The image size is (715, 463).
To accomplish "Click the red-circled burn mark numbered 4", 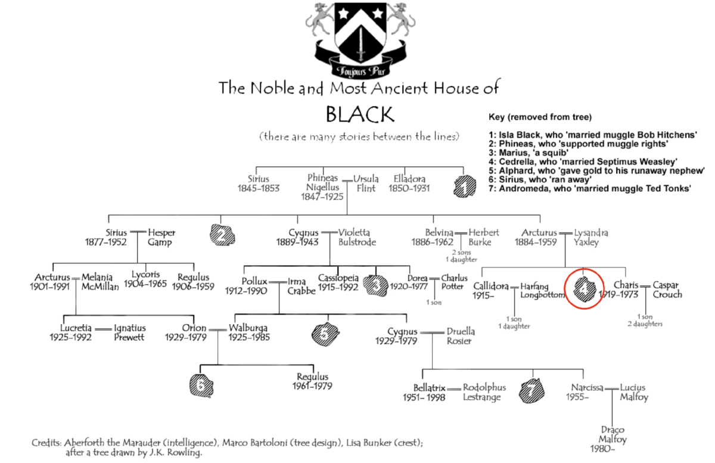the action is (584, 289).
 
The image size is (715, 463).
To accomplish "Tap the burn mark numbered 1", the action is (465, 186).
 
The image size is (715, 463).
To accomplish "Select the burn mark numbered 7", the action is (531, 390).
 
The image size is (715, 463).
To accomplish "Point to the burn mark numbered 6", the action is (201, 386).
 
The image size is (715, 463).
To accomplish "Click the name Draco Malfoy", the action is (613, 434).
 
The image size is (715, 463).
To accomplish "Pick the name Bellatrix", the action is (429, 388).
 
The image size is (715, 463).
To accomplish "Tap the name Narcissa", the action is (587, 387).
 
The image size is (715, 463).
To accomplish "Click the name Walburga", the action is (248, 328).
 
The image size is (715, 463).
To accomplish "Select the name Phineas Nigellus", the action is (322, 182).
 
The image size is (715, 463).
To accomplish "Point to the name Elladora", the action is (409, 179).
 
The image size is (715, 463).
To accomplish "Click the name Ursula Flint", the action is (366, 184).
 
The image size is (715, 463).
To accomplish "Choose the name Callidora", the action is (490, 286).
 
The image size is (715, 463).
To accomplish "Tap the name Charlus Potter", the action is (454, 282).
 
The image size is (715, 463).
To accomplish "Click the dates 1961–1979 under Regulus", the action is (312, 386).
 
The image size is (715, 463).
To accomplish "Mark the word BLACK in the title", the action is (360, 114).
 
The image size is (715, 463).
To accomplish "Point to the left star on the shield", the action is (343, 14).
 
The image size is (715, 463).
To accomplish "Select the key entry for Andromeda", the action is (590, 188).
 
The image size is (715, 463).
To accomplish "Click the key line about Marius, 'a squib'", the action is (529, 153).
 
